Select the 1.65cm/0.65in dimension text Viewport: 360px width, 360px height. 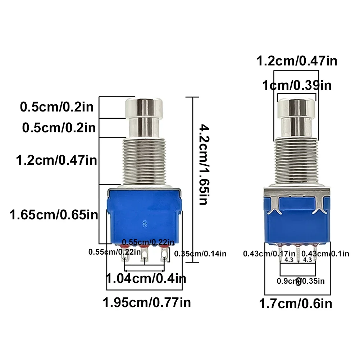pos(54,215)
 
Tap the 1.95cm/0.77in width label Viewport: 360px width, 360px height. pos(147,302)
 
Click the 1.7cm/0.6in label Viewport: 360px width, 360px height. pos(296,304)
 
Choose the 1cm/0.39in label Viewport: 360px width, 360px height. pos(297,86)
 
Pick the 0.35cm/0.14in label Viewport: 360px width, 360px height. pos(200,254)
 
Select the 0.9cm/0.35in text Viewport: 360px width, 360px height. pos(301,281)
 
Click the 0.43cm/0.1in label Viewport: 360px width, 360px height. pos(325,254)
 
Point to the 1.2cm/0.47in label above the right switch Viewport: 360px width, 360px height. pos(297,61)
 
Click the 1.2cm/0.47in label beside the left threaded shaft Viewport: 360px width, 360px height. pos(57,159)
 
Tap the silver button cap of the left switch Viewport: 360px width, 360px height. pos(143,107)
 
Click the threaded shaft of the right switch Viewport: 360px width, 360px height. pos(297,162)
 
